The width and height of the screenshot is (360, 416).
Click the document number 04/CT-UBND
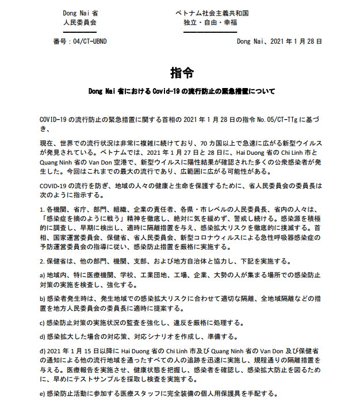[87, 41]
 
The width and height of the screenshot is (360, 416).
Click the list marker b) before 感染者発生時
[43, 299]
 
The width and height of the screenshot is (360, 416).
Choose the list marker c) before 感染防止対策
[43, 322]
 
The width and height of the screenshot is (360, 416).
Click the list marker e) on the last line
[43, 394]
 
